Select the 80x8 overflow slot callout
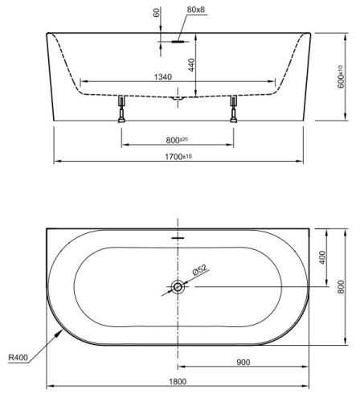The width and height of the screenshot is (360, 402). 196,10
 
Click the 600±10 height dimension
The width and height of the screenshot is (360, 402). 341,77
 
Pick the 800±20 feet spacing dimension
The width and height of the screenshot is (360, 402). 178,141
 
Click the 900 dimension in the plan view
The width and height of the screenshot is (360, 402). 243,362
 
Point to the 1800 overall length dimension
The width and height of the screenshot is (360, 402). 177,381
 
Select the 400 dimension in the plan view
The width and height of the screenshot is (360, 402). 321,256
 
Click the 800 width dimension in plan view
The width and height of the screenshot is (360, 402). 341,285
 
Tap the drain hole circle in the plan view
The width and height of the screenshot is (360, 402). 177,285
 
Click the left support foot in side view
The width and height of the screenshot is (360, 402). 121,108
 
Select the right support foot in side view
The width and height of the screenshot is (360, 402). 234,108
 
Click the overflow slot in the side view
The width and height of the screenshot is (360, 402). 178,38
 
